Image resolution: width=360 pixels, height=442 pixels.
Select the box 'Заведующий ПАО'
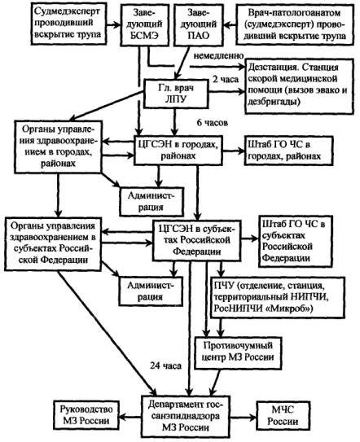(199, 24)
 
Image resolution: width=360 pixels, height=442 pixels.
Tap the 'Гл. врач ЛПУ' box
(176, 94)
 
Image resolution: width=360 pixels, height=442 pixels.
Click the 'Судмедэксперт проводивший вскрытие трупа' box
(68, 24)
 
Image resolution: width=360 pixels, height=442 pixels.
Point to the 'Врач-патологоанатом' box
(295, 24)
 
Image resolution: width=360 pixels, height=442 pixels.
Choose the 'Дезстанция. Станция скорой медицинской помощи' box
(300, 86)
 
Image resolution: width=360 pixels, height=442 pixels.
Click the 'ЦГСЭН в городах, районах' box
(178, 151)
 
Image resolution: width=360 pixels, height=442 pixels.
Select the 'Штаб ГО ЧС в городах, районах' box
(289, 151)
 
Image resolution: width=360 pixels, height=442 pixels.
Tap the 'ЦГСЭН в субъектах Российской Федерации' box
(196, 240)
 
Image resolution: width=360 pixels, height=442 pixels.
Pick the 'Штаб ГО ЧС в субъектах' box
(296, 241)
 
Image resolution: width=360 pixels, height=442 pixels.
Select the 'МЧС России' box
(283, 415)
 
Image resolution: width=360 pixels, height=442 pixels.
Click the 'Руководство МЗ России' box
(86, 415)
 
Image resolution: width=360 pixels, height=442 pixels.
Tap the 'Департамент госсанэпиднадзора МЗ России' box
(186, 416)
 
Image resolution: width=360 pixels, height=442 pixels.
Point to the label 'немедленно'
(218, 56)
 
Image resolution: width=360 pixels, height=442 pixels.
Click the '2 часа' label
(226, 79)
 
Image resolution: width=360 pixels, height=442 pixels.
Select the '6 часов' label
(212, 123)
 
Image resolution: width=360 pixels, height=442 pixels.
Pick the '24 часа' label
(165, 365)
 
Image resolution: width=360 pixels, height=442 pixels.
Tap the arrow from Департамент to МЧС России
(243, 417)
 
